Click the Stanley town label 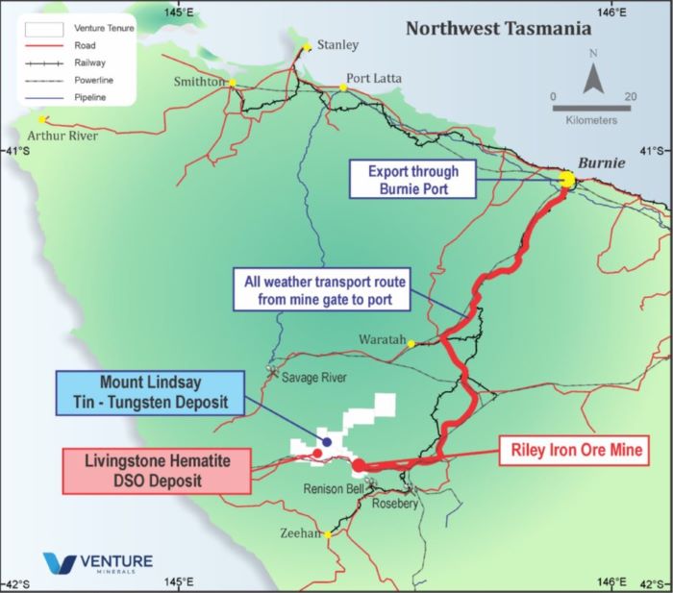[337, 44]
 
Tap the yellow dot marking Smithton [232, 83]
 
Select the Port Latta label [375, 78]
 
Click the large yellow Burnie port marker [567, 179]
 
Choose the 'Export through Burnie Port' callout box [414, 180]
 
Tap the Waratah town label [382, 341]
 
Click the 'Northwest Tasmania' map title [497, 29]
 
